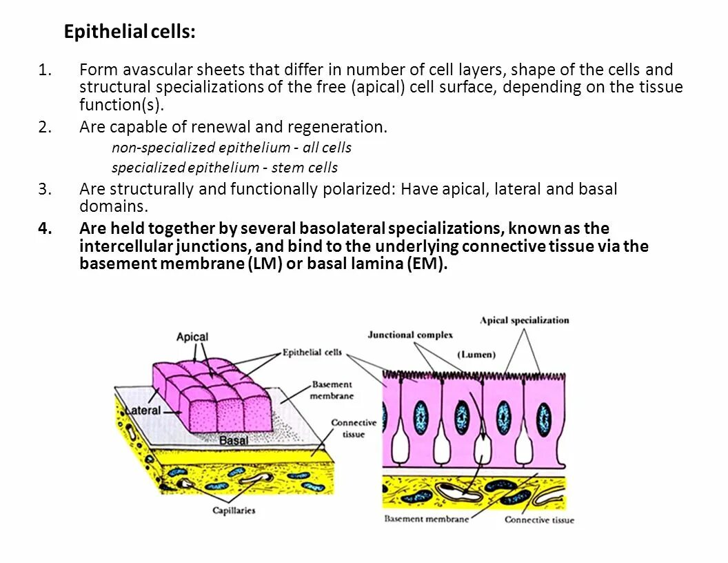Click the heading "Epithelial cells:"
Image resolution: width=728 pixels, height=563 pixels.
130,32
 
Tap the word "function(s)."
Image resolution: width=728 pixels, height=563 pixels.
121,105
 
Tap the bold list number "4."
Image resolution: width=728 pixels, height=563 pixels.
45,228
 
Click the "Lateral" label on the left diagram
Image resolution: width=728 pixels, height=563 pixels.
144,411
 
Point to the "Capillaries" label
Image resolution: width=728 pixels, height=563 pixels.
234,511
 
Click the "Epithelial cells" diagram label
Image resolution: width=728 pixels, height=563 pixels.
312,353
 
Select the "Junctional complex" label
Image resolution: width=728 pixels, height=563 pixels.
410,335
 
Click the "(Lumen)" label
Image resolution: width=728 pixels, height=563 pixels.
476,355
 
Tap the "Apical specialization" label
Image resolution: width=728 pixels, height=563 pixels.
525,320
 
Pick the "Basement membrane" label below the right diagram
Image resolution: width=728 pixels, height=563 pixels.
427,519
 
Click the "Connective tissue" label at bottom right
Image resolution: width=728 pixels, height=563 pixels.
539,520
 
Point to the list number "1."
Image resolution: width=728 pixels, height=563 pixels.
45,70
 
